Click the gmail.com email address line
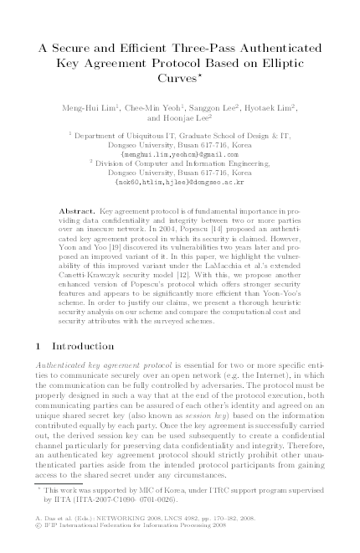(180, 155)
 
